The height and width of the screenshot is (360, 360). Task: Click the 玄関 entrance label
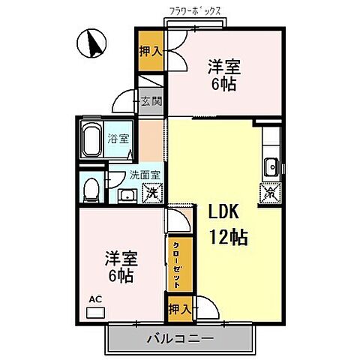(x=150, y=100)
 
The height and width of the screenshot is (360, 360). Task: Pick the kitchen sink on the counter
(x=271, y=166)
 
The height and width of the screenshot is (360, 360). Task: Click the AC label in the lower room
(x=95, y=299)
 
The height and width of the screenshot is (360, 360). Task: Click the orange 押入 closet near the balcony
(x=178, y=307)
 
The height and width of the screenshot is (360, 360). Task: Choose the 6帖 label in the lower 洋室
(x=120, y=276)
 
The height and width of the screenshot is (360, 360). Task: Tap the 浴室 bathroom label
(x=118, y=138)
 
